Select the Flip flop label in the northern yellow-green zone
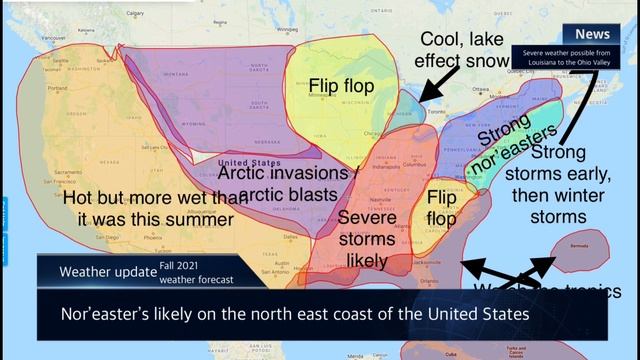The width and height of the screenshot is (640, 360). (x=341, y=86)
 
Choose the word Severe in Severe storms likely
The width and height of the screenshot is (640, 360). (x=366, y=217)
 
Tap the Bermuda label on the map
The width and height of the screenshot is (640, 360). (x=578, y=244)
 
